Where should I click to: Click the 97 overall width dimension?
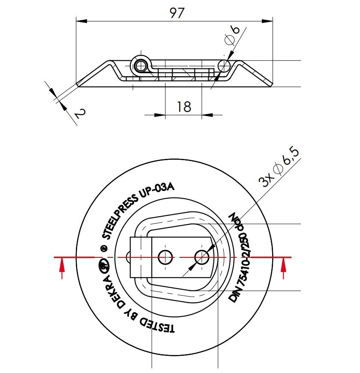(x=177, y=13)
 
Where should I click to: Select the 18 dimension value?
(x=184, y=106)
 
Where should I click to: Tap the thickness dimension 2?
(x=80, y=113)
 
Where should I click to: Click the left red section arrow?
(x=63, y=268)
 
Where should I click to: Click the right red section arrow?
(x=283, y=268)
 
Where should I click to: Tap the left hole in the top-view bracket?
(x=165, y=257)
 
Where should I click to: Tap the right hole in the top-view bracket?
(x=202, y=257)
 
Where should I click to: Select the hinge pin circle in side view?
(x=141, y=66)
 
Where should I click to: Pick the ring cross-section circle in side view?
(x=224, y=66)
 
